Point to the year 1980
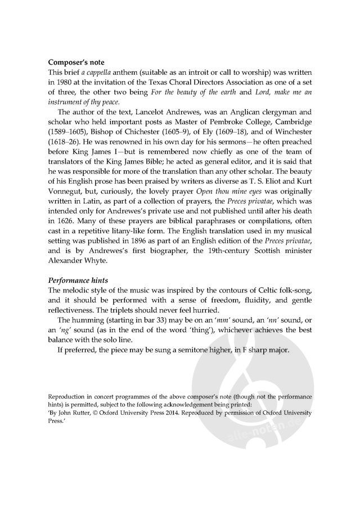65,84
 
